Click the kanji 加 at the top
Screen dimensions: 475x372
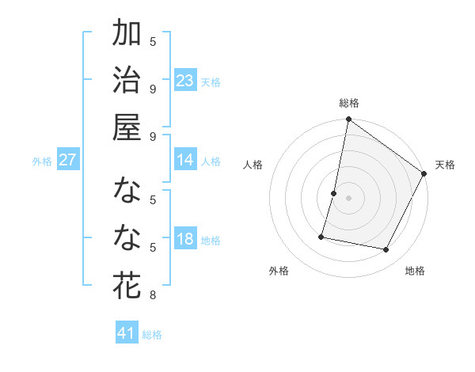click(127, 35)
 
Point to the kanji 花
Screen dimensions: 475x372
click(127, 286)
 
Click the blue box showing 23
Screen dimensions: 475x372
click(185, 80)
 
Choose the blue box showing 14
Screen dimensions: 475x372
click(185, 160)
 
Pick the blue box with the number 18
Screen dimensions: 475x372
click(185, 239)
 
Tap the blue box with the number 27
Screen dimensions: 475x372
click(67, 160)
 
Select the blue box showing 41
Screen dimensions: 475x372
click(127, 333)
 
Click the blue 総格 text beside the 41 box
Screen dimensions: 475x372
click(152, 335)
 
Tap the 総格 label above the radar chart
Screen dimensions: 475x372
click(348, 103)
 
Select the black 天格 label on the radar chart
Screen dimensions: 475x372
click(445, 165)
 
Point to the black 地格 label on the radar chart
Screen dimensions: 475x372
click(415, 271)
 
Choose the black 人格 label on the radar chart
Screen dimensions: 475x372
click(253, 165)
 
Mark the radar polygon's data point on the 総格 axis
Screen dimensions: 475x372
click(348, 120)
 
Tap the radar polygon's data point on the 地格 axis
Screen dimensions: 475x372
click(386, 249)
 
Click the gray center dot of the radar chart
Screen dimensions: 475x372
click(348, 198)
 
